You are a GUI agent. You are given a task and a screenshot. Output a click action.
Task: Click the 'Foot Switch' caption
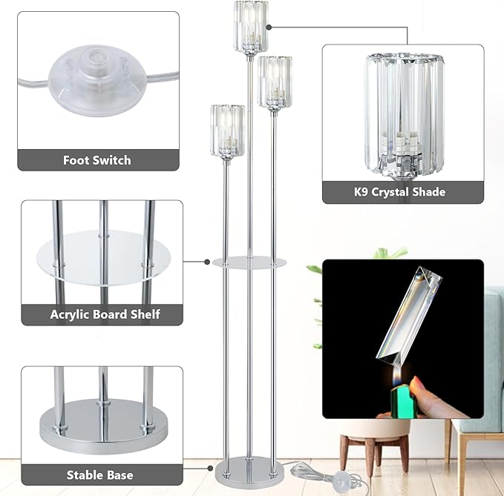pos(97,160)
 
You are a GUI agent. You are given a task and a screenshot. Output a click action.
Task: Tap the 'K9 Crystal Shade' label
pos(400,192)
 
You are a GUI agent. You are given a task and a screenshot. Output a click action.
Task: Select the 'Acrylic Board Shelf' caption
pos(105,314)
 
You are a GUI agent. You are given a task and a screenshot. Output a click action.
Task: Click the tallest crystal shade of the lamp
pos(251,28)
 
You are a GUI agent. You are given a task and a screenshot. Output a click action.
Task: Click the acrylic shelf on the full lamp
pos(249,262)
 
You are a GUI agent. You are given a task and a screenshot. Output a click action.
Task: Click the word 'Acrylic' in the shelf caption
pos(71,314)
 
